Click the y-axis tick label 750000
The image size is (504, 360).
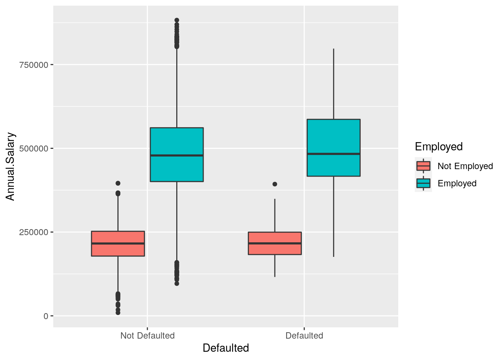33,65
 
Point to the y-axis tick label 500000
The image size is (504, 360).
33,148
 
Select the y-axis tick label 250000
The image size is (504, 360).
33,232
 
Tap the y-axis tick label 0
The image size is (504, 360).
46,316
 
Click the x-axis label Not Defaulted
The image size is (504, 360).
147,336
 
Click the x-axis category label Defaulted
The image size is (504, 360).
304,336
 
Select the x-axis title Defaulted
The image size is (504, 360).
226,348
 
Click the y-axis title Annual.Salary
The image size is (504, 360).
10,166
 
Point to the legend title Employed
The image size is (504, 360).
439,147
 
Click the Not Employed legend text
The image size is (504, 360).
465,166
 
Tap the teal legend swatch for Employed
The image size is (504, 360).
423,183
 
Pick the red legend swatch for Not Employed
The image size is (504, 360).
423,166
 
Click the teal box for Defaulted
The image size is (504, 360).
333,165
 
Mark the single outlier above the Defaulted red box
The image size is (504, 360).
275,184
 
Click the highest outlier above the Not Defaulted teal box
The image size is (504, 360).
177,20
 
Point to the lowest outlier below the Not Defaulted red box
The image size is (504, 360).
118,312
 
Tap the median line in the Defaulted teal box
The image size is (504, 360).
333,154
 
